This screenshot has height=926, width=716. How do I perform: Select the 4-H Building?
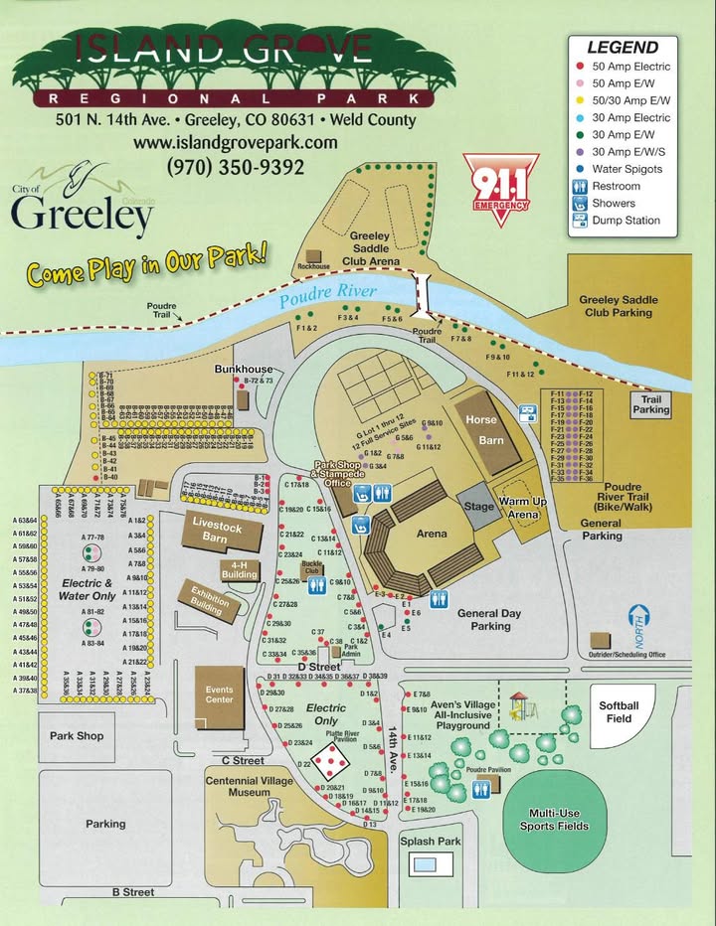pyautogui.click(x=240, y=569)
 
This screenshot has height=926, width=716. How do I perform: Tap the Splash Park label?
pyautogui.click(x=431, y=841)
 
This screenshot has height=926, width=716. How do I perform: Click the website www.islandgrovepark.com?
pyautogui.click(x=236, y=142)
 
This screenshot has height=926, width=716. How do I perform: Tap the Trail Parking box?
pyautogui.click(x=651, y=404)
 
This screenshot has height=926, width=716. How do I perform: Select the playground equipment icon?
pyautogui.click(x=519, y=706)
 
